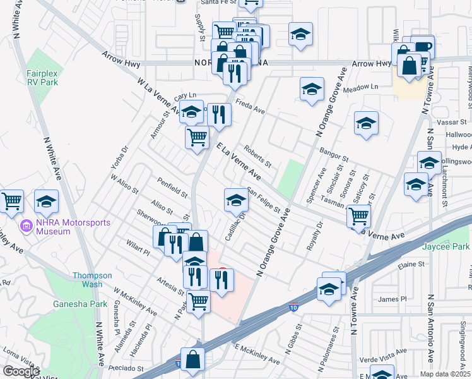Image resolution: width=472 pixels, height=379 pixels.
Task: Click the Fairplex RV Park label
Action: pyautogui.click(x=42, y=77)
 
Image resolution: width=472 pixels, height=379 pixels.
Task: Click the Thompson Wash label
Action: pyautogui.click(x=92, y=280)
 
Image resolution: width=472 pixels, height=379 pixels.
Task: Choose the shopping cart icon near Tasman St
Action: pyautogui.click(x=358, y=216)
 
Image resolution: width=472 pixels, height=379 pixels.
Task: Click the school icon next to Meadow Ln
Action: pyautogui.click(x=312, y=90)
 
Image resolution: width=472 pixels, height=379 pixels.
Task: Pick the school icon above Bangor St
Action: pyautogui.click(x=366, y=123)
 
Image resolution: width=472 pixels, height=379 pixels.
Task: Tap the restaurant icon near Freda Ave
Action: pyautogui.click(x=219, y=114)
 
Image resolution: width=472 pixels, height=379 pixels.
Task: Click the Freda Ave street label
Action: pyautogui.click(x=250, y=104)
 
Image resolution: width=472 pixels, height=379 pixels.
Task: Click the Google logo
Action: pyautogui.click(x=21, y=371)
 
